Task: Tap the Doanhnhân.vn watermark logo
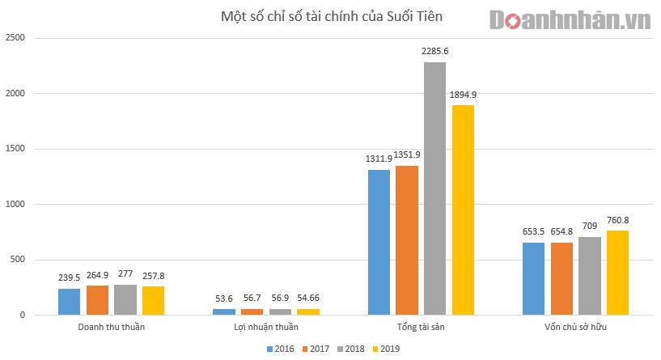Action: pyautogui.click(x=570, y=19)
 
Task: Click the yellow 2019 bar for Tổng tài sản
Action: pyautogui.click(x=463, y=210)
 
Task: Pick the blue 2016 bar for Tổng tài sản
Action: pyautogui.click(x=379, y=242)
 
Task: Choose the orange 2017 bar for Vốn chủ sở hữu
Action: pyautogui.click(x=562, y=278)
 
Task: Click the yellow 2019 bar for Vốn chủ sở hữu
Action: pyautogui.click(x=617, y=273)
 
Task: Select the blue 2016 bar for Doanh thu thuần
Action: pyautogui.click(x=70, y=301)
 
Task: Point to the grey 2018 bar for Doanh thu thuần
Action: pyautogui.click(x=125, y=299)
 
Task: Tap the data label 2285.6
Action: pyautogui.click(x=435, y=51)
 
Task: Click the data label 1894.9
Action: pyautogui.click(x=463, y=95)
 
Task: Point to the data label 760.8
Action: pyautogui.click(x=617, y=220)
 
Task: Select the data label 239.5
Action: pyautogui.click(x=70, y=277)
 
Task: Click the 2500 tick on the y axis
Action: pyautogui.click(x=15, y=38)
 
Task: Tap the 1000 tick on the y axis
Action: pyautogui.click(x=15, y=204)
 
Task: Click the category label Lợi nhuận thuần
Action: pyautogui.click(x=261, y=328)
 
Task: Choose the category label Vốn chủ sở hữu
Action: pyautogui.click(x=576, y=328)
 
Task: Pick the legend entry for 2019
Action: pyautogui.click(x=388, y=349)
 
